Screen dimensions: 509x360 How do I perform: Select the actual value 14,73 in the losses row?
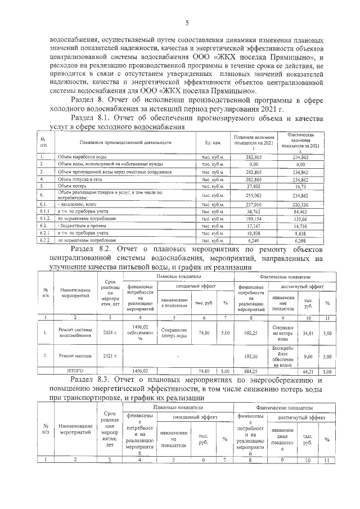(x=300, y=185)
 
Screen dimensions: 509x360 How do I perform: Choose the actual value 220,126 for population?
(x=300, y=204)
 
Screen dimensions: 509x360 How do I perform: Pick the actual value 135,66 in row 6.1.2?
(x=300, y=219)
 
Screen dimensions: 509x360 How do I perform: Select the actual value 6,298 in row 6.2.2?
(x=300, y=240)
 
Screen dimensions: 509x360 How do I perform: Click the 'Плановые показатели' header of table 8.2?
(x=177, y=277)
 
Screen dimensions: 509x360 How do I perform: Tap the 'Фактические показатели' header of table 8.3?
(x=286, y=407)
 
